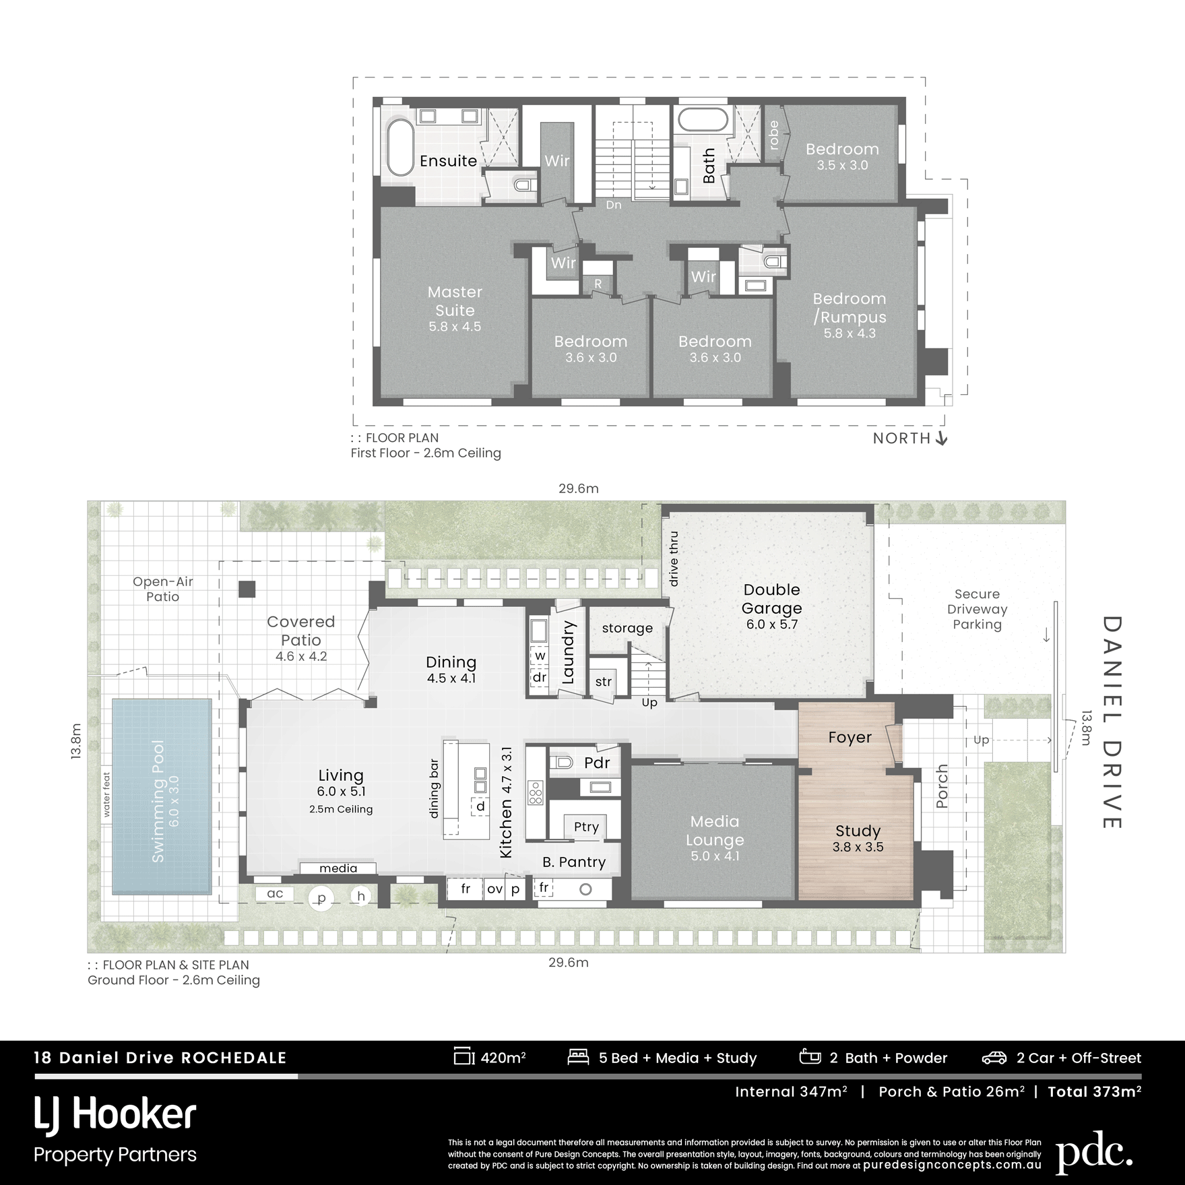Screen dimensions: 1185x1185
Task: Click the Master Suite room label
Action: pyautogui.click(x=455, y=301)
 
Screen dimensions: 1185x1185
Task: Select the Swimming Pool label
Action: pyautogui.click(x=158, y=801)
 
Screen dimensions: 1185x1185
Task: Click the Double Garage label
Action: pyautogui.click(x=772, y=599)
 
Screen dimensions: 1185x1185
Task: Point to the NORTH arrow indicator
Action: pyautogui.click(x=942, y=439)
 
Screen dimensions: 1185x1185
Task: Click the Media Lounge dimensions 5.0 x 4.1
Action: pyautogui.click(x=715, y=856)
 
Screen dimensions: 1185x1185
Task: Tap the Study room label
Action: pyautogui.click(x=858, y=831)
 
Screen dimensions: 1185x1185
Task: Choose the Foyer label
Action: pyautogui.click(x=850, y=738)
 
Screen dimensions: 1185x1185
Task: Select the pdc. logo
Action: pyautogui.click(x=1094, y=1153)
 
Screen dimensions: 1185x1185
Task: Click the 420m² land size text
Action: pyautogui.click(x=503, y=1058)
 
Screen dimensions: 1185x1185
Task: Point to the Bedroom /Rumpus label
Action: pyautogui.click(x=850, y=308)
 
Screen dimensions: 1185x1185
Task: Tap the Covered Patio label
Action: pyautogui.click(x=301, y=631)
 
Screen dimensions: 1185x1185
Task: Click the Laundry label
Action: pyautogui.click(x=568, y=652)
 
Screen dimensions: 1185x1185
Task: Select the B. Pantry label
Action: pyautogui.click(x=574, y=862)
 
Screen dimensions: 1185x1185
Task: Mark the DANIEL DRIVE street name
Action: pyautogui.click(x=1112, y=722)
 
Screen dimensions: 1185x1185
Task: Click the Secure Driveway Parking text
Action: pyautogui.click(x=977, y=609)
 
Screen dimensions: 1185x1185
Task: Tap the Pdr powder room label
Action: pyautogui.click(x=597, y=763)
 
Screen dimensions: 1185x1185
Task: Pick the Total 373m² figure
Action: pyautogui.click(x=1095, y=1091)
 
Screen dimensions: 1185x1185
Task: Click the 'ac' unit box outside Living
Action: pyautogui.click(x=276, y=893)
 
